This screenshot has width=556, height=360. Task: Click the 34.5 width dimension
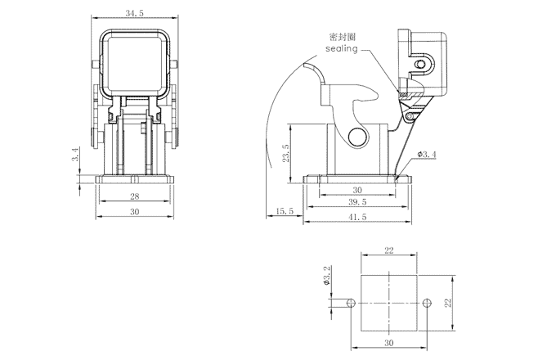tap(131, 14)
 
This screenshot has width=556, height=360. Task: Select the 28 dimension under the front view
tap(135, 196)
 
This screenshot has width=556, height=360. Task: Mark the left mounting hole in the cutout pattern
tap(351, 303)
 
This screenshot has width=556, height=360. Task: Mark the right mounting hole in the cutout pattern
tap(426, 303)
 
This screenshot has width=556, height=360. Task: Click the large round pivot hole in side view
tap(356, 137)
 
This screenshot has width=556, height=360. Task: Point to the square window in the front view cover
tap(131, 61)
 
